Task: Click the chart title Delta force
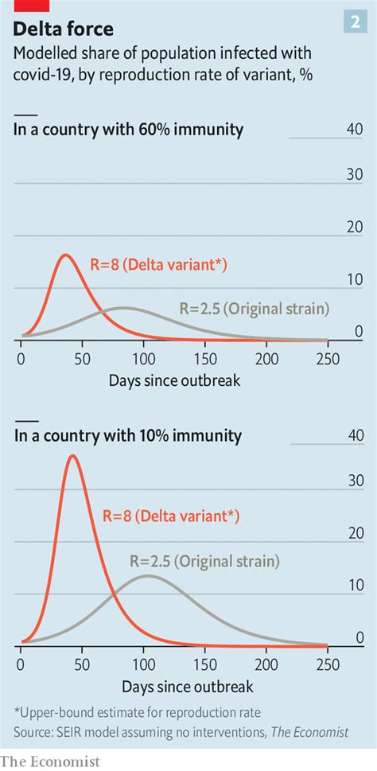(64, 30)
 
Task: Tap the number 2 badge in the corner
(354, 24)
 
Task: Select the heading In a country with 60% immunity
(128, 129)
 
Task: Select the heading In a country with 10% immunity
(128, 436)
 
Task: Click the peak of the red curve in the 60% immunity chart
(65, 255)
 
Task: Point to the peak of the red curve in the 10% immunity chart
(73, 456)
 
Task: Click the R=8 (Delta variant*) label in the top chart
(158, 265)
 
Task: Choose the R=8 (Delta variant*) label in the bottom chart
(170, 516)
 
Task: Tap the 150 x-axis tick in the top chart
(205, 358)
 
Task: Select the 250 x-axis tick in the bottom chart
(327, 664)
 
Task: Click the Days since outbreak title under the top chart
(174, 380)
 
